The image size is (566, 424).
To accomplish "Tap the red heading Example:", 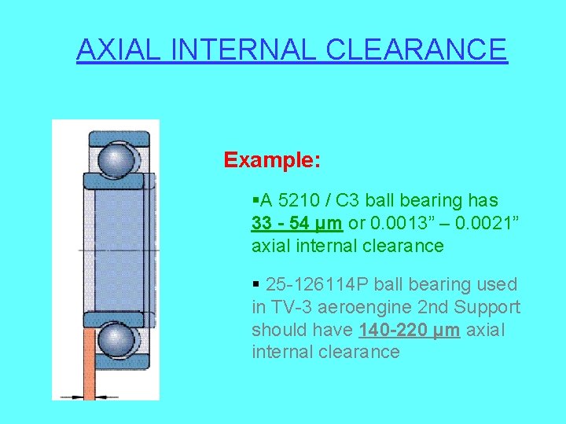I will click(x=271, y=160).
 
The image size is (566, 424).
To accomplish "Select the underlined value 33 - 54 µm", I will click(x=296, y=224).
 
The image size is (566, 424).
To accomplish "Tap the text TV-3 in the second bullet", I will click(x=290, y=307).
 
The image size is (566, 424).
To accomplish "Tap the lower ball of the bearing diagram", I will click(x=116, y=340).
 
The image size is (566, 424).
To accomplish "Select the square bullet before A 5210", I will click(x=255, y=201).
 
